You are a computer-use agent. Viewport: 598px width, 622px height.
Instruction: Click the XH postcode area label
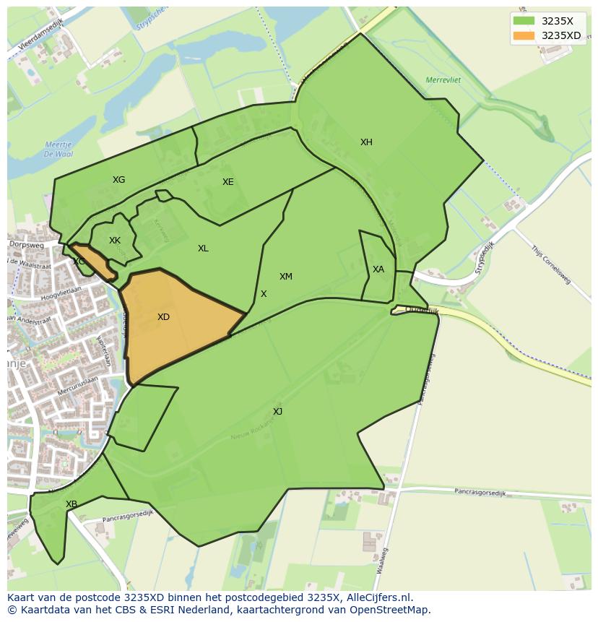click(x=366, y=142)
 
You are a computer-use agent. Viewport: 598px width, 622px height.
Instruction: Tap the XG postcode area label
click(x=118, y=180)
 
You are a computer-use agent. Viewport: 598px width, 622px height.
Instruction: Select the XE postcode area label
click(x=227, y=182)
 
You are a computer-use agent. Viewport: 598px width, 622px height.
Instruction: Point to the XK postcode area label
click(x=115, y=241)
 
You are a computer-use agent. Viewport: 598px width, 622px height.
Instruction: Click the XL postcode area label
click(x=203, y=249)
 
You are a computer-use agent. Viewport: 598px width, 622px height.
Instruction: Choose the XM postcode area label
click(x=286, y=277)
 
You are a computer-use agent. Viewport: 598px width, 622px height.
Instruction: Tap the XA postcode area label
click(x=378, y=269)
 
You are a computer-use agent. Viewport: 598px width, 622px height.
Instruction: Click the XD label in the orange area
click(x=163, y=317)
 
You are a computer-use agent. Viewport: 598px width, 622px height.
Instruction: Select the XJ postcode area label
click(x=277, y=412)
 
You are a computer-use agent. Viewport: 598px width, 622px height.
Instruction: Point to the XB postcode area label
click(x=71, y=504)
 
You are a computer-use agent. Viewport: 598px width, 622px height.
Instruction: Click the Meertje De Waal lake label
click(x=58, y=149)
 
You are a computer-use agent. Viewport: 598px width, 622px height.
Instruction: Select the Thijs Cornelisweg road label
click(x=551, y=264)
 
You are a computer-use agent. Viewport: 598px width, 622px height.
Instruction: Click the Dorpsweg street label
click(x=27, y=246)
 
